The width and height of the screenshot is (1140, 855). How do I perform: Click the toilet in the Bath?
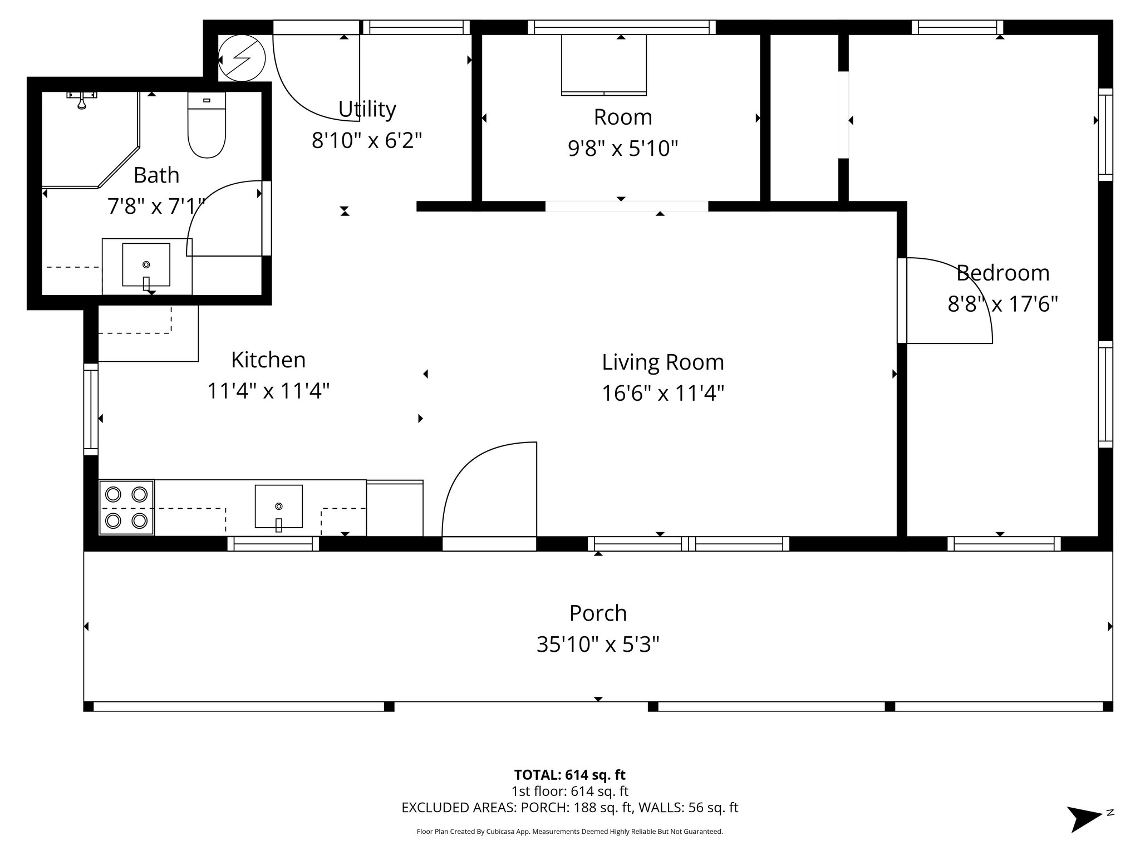pos(207,127)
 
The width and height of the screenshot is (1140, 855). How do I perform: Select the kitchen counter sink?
pos(278,506)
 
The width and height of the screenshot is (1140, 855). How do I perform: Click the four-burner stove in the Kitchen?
pos(126,507)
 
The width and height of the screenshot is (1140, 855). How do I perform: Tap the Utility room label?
pos(367,109)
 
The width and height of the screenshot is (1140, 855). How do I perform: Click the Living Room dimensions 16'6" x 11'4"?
pos(662,394)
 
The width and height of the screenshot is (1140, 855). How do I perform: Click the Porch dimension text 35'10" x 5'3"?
pos(598,645)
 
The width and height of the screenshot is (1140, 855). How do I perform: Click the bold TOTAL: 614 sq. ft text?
pos(569,774)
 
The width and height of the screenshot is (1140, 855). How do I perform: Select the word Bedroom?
pos(1003,273)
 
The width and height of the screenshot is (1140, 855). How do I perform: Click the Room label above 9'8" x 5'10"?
pos(622,117)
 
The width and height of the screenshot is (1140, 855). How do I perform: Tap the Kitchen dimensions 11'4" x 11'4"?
pos(268,391)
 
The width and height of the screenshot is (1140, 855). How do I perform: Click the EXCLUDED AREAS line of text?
pos(569,807)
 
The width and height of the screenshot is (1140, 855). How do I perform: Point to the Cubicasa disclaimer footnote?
pos(569,832)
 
